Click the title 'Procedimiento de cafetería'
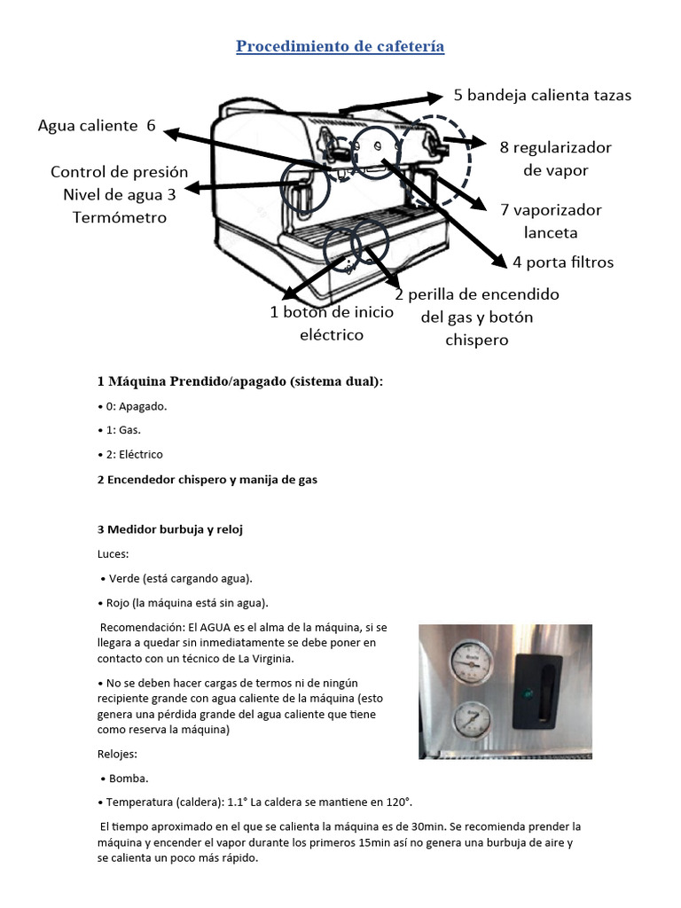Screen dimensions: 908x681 click(x=340, y=46)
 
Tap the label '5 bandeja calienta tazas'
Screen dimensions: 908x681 click(x=542, y=95)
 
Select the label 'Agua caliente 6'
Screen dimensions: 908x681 click(x=97, y=126)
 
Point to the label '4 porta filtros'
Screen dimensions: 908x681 click(x=563, y=262)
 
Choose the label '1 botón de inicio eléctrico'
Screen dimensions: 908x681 click(x=332, y=323)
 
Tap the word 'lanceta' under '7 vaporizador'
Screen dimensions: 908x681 click(x=550, y=233)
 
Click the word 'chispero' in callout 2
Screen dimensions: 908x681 click(x=477, y=340)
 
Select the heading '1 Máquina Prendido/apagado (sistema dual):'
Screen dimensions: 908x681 click(x=240, y=381)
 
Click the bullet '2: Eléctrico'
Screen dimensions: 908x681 click(x=133, y=454)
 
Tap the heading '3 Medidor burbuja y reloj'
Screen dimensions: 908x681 click(x=170, y=529)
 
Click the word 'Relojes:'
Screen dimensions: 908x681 click(x=117, y=754)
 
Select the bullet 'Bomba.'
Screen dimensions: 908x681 click(x=129, y=779)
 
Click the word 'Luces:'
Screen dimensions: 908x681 click(x=113, y=553)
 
